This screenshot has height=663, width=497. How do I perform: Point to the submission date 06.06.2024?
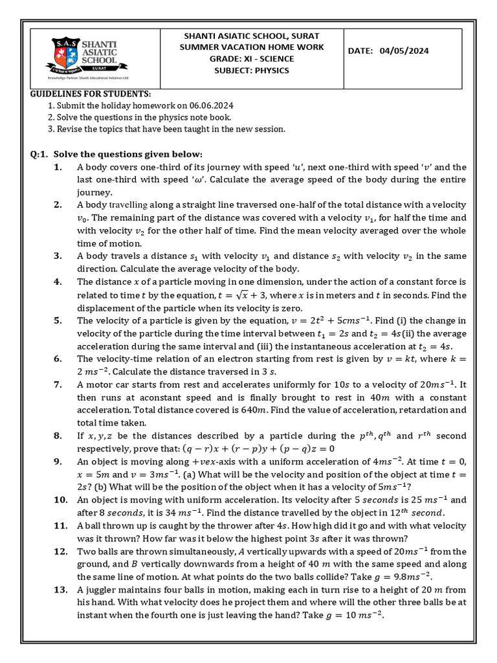210,106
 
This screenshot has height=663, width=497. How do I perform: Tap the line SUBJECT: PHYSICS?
252,71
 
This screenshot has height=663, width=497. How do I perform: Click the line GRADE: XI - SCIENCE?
252,59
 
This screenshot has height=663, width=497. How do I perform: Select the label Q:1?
40,154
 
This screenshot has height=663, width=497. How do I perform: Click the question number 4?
58,282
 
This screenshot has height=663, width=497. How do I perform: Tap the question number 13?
60,590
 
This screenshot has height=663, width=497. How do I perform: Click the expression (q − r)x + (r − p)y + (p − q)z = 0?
259,449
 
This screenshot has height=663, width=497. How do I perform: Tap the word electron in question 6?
232,359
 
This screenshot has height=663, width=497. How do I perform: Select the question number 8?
58,436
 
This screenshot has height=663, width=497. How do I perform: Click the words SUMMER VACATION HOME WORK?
252,47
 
